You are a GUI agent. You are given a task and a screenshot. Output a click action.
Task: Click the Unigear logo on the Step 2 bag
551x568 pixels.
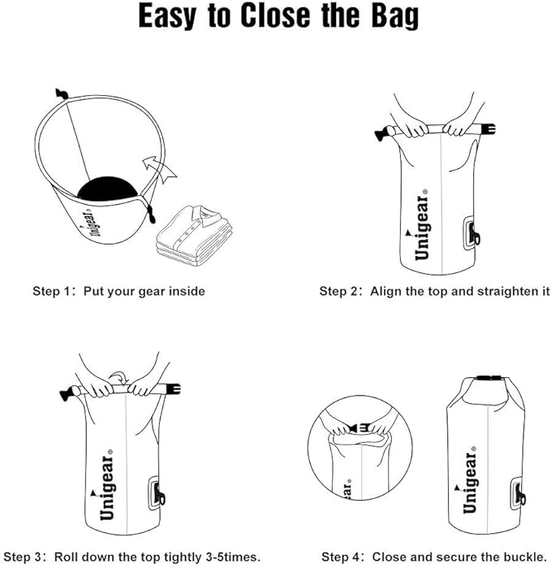click(x=421, y=228)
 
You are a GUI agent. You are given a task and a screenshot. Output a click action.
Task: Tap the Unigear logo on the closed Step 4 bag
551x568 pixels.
click(x=470, y=482)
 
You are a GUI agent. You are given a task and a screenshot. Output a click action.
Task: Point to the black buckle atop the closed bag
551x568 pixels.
click(x=485, y=379)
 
